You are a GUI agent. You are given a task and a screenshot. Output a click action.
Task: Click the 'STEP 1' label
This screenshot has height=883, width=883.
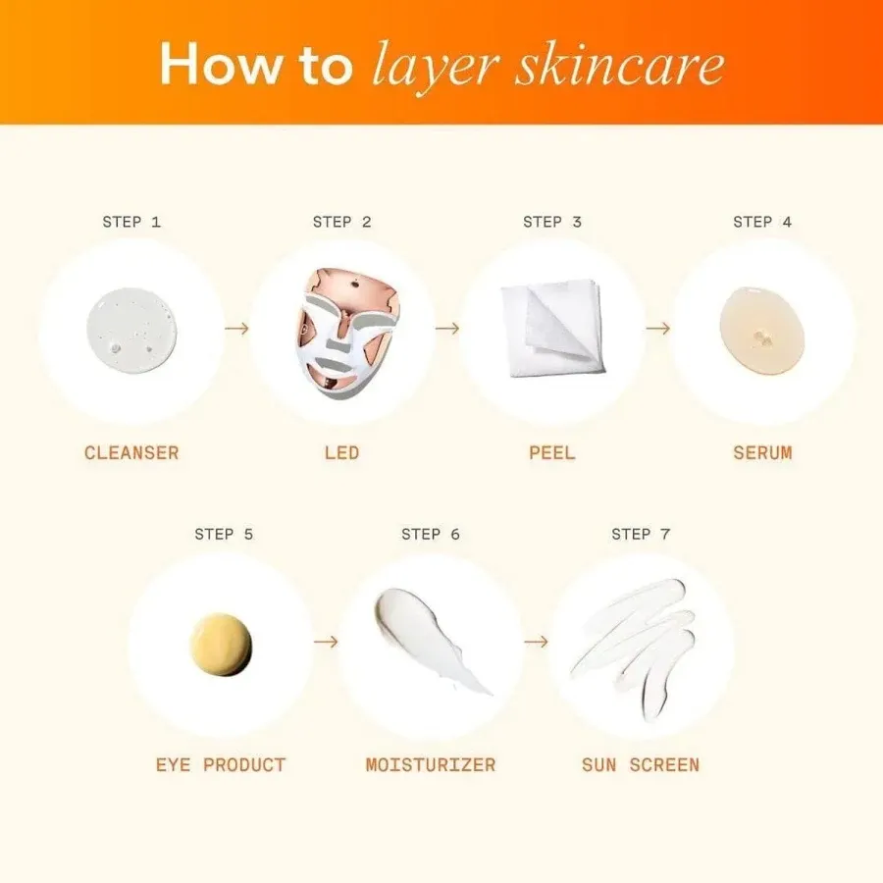pyautogui.click(x=131, y=222)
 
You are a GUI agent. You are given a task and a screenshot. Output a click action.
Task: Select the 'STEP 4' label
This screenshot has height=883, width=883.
pyautogui.click(x=762, y=222)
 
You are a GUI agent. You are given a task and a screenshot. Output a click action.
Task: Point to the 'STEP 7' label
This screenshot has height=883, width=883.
pyautogui.click(x=641, y=534)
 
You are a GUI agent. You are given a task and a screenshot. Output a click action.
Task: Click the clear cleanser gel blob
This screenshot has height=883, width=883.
pyautogui.click(x=131, y=331)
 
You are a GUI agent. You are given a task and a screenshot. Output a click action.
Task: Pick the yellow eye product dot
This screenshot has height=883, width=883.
pyautogui.click(x=221, y=644)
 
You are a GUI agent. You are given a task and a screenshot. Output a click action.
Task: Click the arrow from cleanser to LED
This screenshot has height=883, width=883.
pyautogui.click(x=236, y=328)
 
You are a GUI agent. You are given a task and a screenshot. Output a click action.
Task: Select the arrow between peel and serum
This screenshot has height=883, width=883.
pyautogui.click(x=657, y=328)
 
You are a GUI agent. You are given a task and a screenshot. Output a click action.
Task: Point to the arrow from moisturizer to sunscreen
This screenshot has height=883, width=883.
pyautogui.click(x=536, y=641)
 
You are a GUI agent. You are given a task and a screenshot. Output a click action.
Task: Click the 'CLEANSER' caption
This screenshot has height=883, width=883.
pyautogui.click(x=131, y=453)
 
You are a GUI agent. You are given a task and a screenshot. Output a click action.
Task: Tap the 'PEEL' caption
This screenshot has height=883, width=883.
pyautogui.click(x=551, y=453)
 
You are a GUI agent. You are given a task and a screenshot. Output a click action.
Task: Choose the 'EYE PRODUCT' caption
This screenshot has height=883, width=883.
pyautogui.click(x=221, y=764)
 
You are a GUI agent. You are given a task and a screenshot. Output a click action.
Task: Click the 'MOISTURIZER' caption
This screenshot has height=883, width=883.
pyautogui.click(x=431, y=764)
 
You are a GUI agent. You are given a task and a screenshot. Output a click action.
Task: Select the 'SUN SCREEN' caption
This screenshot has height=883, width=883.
pyautogui.click(x=641, y=764)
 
